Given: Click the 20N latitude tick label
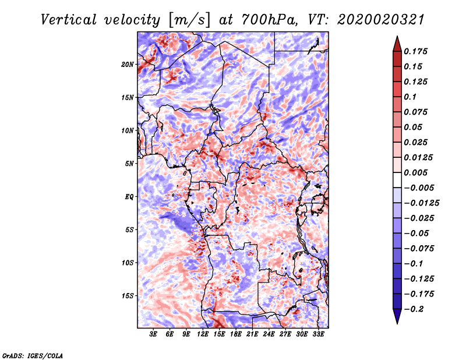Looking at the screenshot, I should coord(128,64).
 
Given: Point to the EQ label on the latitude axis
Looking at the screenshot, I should coord(129,197).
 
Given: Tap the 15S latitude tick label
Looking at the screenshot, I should coord(128,296).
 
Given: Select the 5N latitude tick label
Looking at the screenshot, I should coord(129,164).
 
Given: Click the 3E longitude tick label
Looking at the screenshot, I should coord(153,334).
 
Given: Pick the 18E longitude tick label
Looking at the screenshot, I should coord(236,334).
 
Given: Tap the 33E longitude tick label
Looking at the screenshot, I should coord(319,334).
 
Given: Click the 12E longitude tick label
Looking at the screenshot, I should coord(203,334).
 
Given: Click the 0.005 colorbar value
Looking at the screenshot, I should coord(416,173).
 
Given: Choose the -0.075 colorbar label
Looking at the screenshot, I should coord(419,249).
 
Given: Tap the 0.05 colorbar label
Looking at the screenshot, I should coord(414,128).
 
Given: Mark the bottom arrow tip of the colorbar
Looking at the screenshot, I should coord(396,323).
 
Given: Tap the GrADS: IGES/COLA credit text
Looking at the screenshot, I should coord(33,355).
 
